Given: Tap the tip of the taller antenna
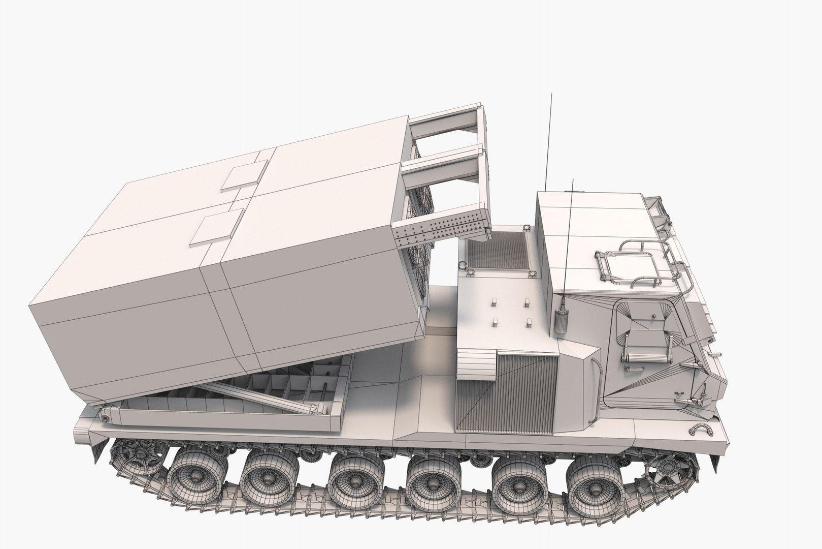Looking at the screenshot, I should [x=550, y=95].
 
